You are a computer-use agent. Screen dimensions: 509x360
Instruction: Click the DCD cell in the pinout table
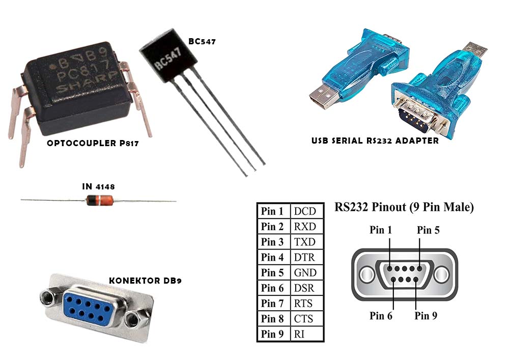(x=305, y=211)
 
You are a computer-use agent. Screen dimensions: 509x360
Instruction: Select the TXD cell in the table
(x=304, y=242)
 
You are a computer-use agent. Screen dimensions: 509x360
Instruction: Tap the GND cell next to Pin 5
(x=305, y=272)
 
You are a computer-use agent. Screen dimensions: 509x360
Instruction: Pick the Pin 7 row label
(x=272, y=303)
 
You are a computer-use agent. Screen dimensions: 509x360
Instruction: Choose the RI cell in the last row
(x=299, y=334)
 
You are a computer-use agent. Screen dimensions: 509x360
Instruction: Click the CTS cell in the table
(x=303, y=319)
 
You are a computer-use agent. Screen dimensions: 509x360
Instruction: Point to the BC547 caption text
(x=202, y=41)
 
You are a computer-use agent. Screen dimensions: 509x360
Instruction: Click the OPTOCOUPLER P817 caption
(x=93, y=143)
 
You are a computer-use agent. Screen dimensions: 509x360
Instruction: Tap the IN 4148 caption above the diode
(x=98, y=187)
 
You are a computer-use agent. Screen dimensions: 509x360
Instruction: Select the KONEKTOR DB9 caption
(x=145, y=281)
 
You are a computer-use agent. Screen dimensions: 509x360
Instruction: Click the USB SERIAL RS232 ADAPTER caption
(x=375, y=141)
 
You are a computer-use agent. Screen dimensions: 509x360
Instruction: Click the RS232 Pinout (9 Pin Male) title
(x=404, y=207)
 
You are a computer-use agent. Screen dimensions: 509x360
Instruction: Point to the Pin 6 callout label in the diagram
(x=381, y=316)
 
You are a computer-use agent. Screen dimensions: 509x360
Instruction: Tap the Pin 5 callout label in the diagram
(x=428, y=230)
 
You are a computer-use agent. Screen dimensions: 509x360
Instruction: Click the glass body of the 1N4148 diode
(x=100, y=200)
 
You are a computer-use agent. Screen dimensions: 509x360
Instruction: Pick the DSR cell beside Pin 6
(x=304, y=288)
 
